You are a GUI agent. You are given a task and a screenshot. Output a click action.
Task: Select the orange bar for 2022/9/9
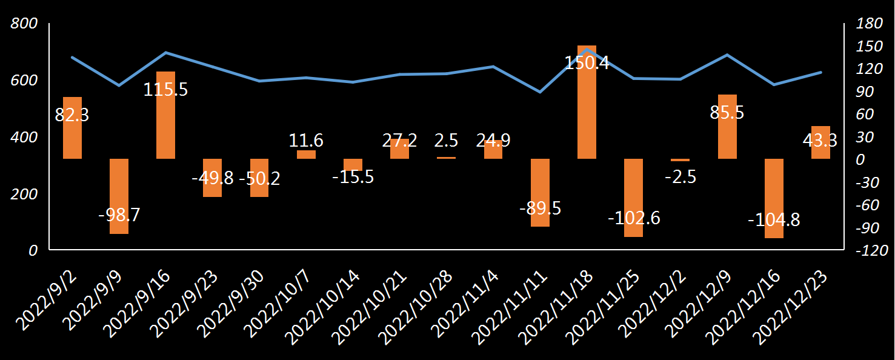(x=119, y=196)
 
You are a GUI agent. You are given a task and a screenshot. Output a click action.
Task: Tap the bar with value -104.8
(x=774, y=198)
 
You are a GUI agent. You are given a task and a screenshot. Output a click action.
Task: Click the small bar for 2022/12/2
(x=680, y=160)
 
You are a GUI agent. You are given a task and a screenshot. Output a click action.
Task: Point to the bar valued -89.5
(x=540, y=192)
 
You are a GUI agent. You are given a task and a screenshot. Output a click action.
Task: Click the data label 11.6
(x=306, y=141)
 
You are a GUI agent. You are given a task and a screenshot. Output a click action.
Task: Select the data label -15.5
(x=353, y=178)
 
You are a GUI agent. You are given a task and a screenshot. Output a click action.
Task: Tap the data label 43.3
(x=819, y=141)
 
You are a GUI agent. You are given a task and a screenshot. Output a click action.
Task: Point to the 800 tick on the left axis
(x=25, y=24)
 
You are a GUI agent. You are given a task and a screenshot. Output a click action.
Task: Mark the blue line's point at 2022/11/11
(x=540, y=92)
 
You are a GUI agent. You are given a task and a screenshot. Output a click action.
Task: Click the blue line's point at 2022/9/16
(x=166, y=53)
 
